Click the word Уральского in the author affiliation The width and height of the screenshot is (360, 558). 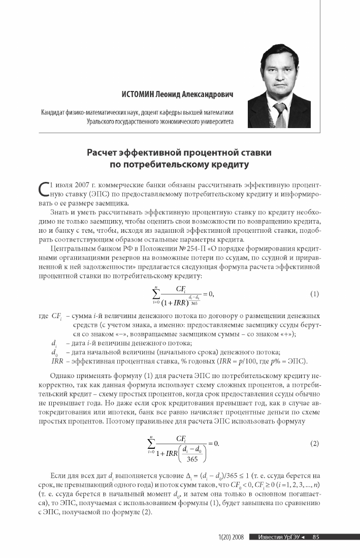(104, 121)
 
